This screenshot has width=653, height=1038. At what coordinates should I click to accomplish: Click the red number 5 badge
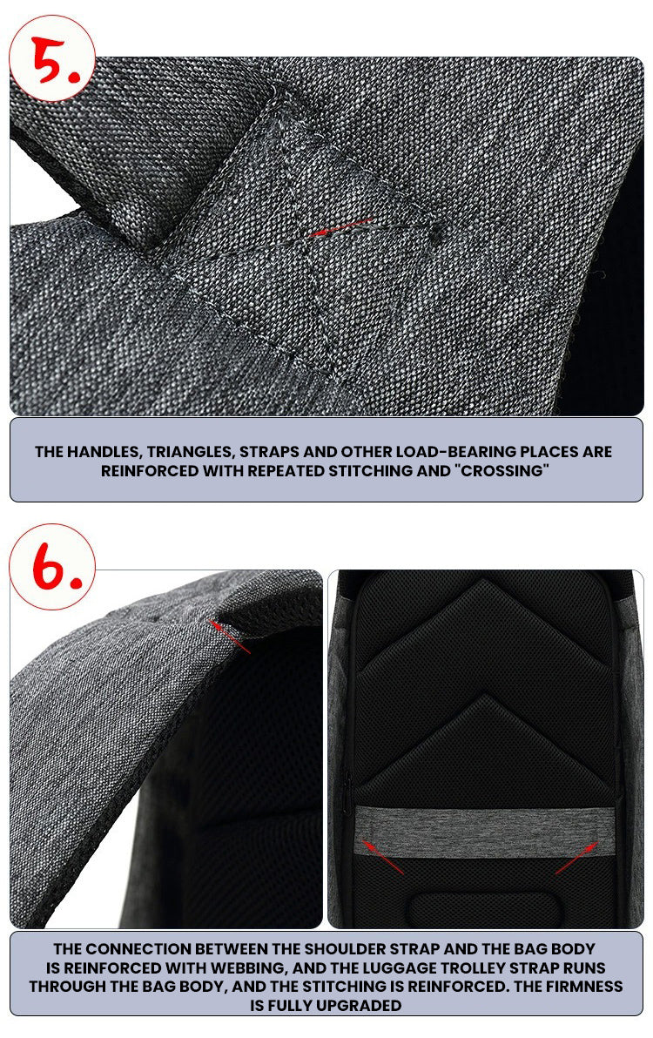(x=52, y=58)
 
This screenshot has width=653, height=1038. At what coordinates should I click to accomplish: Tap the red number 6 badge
(x=52, y=567)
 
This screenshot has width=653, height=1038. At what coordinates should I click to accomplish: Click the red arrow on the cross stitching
(x=341, y=226)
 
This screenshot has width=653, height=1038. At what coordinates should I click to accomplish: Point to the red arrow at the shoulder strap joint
(x=229, y=637)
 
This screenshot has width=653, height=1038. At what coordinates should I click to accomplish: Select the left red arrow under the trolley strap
(x=382, y=857)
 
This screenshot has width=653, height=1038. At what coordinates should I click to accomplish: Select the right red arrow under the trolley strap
(x=577, y=857)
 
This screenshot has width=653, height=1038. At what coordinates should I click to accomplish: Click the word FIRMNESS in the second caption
(x=584, y=987)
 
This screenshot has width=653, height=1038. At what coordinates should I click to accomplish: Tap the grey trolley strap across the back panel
(x=485, y=832)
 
